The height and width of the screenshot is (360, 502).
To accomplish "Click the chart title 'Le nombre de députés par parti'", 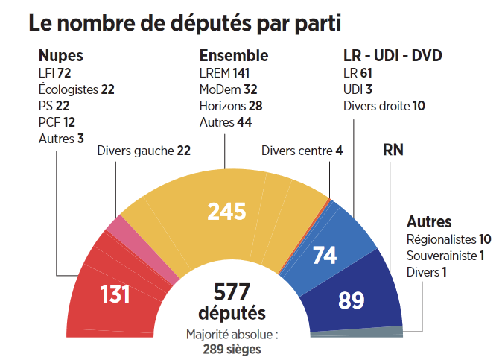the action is click(185, 23).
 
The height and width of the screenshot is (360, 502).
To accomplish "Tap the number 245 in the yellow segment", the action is click(226, 212).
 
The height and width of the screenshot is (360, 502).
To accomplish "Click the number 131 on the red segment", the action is click(115, 294).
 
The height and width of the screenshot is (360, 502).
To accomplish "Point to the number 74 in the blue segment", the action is click(325, 255).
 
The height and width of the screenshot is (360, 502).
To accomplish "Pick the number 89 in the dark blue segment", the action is click(352, 300).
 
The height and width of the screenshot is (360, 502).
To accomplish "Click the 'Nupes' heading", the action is click(61, 56).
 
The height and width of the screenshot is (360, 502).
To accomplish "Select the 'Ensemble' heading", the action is click(234, 56).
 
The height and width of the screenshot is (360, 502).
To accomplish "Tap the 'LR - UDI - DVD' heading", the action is click(393, 56).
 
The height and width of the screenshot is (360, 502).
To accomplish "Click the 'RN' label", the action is click(393, 150).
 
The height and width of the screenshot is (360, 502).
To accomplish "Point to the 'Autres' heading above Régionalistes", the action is click(429, 221).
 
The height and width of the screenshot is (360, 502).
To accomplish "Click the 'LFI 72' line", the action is click(55, 73).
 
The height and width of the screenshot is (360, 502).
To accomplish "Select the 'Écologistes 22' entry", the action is click(77, 89).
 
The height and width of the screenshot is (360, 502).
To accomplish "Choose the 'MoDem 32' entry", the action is click(228, 89).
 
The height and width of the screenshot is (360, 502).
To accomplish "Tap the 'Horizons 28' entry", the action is click(231, 106).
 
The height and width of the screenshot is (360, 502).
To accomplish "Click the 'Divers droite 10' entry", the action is click(384, 106).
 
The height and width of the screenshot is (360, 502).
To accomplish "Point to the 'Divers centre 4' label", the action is click(302, 151).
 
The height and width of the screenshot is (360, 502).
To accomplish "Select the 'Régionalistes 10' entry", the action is click(449, 239).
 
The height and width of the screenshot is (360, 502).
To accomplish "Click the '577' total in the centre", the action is click(232, 291).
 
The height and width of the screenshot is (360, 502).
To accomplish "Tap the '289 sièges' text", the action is click(232, 349).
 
